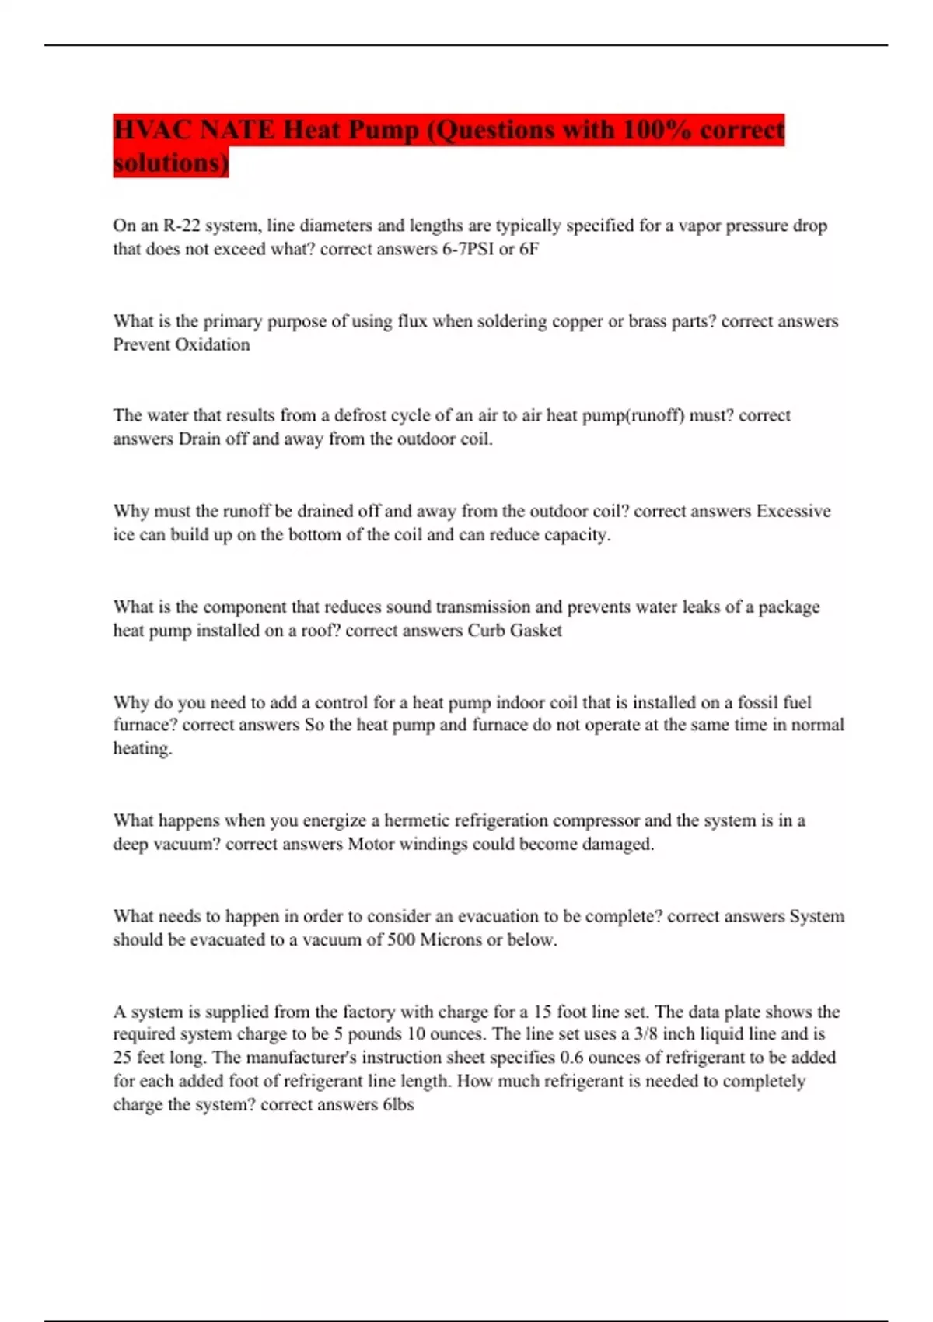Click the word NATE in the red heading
(236, 129)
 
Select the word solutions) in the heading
(171, 163)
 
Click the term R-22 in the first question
(180, 226)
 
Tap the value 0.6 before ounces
(571, 1058)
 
